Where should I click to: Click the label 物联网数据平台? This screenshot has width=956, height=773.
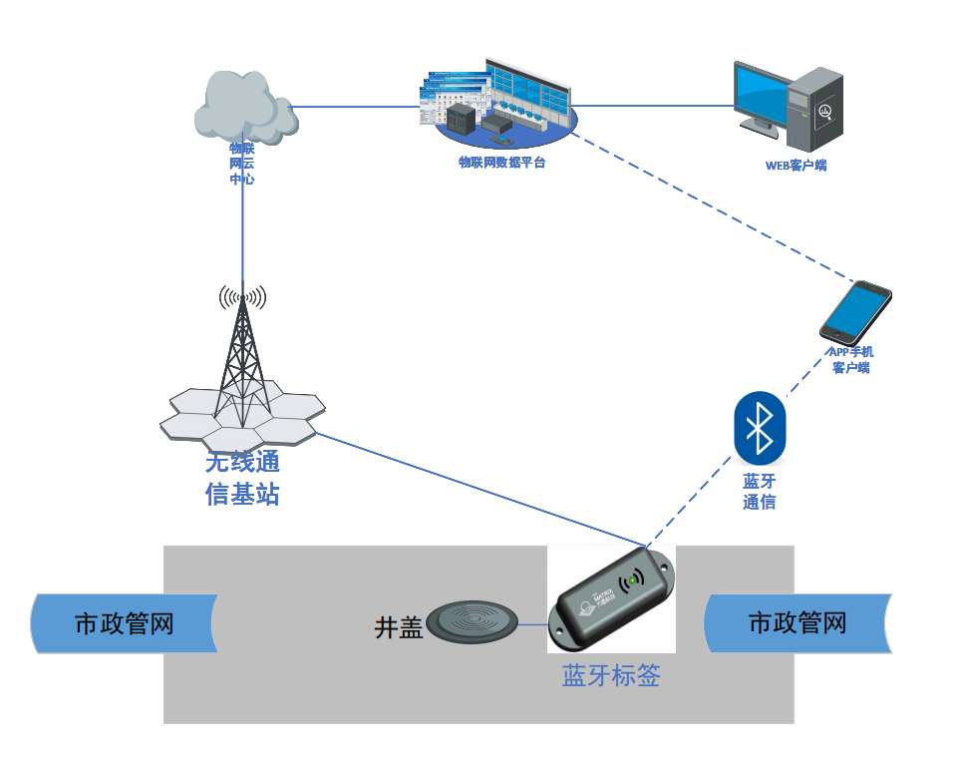pyautogui.click(x=501, y=162)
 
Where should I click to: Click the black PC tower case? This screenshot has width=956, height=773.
pyautogui.click(x=815, y=108)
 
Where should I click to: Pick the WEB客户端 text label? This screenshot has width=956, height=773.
pyautogui.click(x=796, y=166)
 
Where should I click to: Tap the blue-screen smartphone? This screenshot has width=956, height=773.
pyautogui.click(x=855, y=311)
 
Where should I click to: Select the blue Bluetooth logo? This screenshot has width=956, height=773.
pyautogui.click(x=760, y=428)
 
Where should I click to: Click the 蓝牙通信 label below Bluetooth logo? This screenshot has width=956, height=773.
pyautogui.click(x=760, y=492)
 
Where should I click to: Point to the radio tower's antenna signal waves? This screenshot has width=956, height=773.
pyautogui.click(x=243, y=296)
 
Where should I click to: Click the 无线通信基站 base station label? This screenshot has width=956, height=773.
pyautogui.click(x=242, y=478)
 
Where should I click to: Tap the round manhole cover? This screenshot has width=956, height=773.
pyautogui.click(x=474, y=620)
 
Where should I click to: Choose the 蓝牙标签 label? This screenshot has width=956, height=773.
pyautogui.click(x=611, y=676)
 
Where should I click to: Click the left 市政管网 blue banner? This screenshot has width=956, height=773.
pyautogui.click(x=125, y=624)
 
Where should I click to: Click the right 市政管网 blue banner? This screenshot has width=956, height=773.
pyautogui.click(x=797, y=623)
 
